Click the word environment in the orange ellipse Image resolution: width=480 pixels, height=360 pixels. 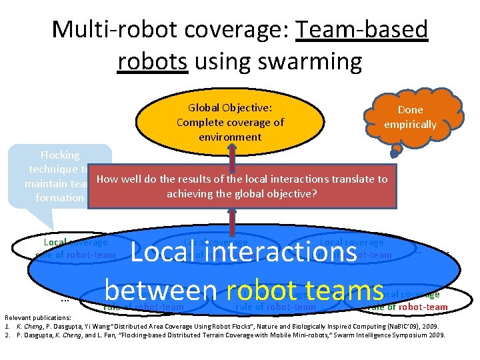point(230,137)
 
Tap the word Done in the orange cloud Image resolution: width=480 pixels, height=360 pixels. point(410,109)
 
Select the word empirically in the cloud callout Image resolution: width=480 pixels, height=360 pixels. point(410,124)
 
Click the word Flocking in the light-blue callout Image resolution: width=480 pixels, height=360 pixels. point(60,155)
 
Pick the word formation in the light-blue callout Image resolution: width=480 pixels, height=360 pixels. point(60,197)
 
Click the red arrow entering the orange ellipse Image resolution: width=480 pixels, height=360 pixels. point(230,151)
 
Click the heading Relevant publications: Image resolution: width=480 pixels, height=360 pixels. point(38,317)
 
